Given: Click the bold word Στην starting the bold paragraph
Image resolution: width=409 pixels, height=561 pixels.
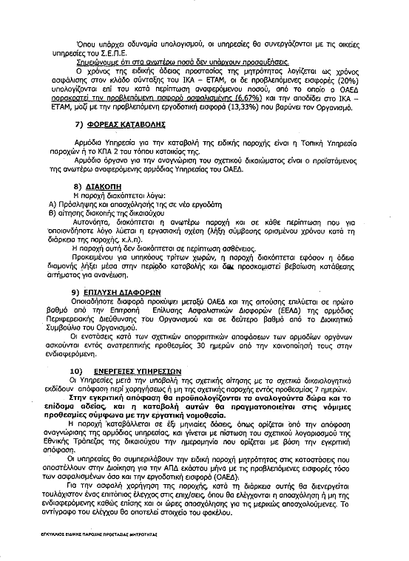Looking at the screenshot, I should click(x=81, y=397).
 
